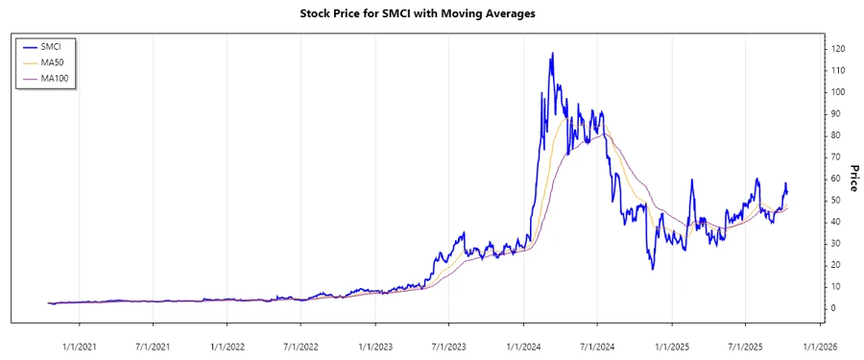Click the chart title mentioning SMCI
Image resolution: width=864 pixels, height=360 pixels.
431,13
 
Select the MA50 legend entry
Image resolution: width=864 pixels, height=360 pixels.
66,61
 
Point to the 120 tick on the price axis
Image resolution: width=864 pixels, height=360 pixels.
838,49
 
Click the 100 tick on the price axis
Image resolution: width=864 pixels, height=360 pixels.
838,92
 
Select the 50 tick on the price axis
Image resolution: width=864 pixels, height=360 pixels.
836,200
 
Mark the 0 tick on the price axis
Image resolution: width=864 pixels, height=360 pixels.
833,308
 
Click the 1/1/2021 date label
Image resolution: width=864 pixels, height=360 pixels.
79,346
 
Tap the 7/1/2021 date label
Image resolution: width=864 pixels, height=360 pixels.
152,346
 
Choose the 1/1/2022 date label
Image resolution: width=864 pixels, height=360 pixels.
227,346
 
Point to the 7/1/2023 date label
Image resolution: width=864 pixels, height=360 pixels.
448,346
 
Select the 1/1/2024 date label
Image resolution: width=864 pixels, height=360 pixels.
523,346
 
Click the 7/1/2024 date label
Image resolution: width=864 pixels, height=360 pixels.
596,346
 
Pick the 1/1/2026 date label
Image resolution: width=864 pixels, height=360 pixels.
819,346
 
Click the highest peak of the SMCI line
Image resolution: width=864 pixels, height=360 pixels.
552,54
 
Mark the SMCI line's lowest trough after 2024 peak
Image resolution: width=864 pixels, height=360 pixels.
653,268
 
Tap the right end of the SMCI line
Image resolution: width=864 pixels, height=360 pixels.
787,191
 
